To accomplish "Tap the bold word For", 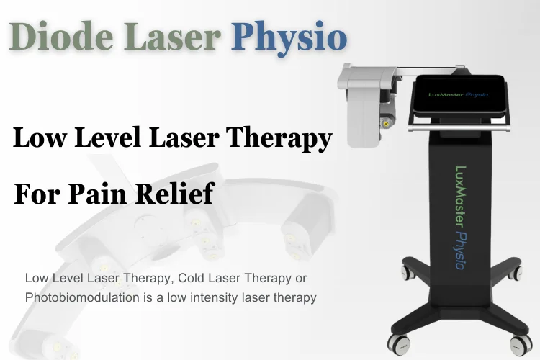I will [x=38, y=194].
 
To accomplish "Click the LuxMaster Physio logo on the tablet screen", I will [x=458, y=94].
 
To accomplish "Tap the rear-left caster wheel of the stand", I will [x=406, y=273].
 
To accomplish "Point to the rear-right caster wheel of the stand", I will [x=513, y=274].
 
